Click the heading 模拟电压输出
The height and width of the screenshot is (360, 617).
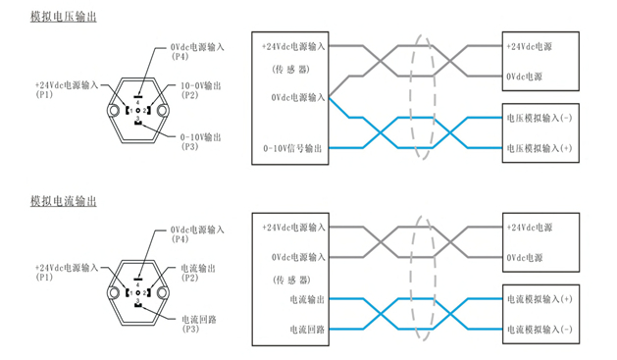(x=64, y=18)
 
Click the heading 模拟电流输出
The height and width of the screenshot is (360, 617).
(x=64, y=201)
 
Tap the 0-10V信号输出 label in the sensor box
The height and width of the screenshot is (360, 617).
(x=293, y=148)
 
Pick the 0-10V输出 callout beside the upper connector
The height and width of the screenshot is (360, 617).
(x=202, y=136)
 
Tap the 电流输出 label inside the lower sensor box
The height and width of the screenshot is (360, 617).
(x=307, y=297)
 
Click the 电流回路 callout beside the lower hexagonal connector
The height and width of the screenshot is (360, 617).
(x=199, y=319)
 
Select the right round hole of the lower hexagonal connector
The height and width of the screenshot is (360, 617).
(x=164, y=292)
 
